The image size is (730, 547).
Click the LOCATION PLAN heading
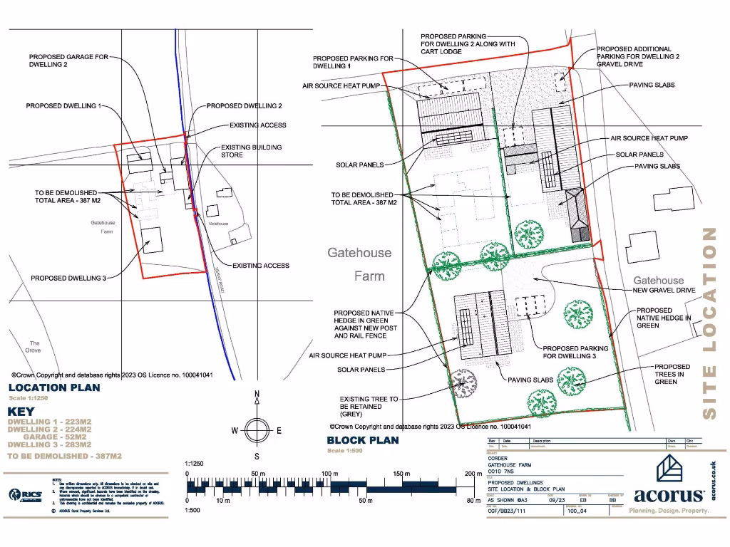click(x=54, y=388)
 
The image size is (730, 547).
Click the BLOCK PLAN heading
click(x=363, y=440)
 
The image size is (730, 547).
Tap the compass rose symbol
click(x=257, y=430)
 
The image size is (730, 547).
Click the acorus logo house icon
click(x=670, y=469)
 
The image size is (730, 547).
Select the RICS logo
click(x=26, y=494)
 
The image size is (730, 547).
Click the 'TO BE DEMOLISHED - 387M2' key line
click(x=64, y=456)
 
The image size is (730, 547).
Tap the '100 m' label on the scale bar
click(x=329, y=474)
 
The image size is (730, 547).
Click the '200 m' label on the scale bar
click(x=473, y=474)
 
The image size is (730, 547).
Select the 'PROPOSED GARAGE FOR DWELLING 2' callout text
click(x=68, y=61)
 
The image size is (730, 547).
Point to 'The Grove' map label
click(x=34, y=347)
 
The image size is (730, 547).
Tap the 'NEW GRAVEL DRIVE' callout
click(x=664, y=291)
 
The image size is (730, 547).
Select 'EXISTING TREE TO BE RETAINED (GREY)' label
click(x=369, y=407)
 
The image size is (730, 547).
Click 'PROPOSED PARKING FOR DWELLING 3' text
click(x=576, y=352)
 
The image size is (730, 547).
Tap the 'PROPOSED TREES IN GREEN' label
click(x=672, y=374)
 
